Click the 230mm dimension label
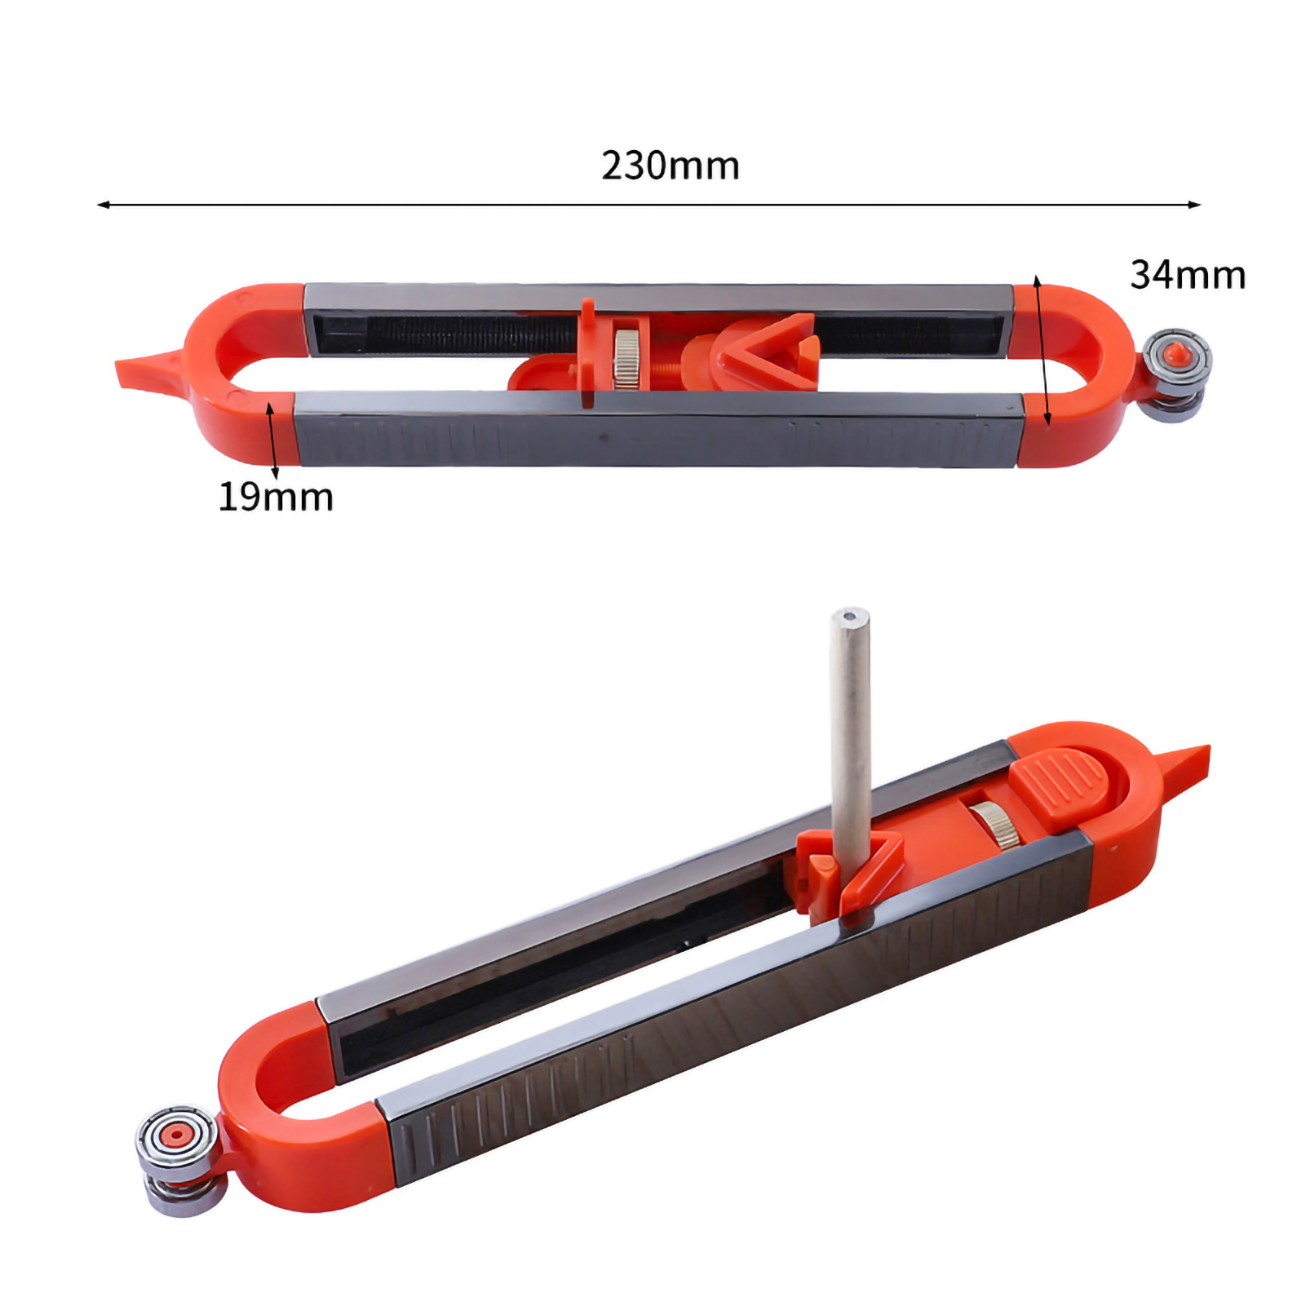click(671, 166)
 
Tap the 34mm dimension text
click(1188, 275)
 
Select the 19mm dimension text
click(276, 497)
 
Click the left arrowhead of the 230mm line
click(103, 205)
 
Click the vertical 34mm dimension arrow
click(1043, 351)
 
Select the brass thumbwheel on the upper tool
click(626, 358)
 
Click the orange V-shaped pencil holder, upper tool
click(763, 351)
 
